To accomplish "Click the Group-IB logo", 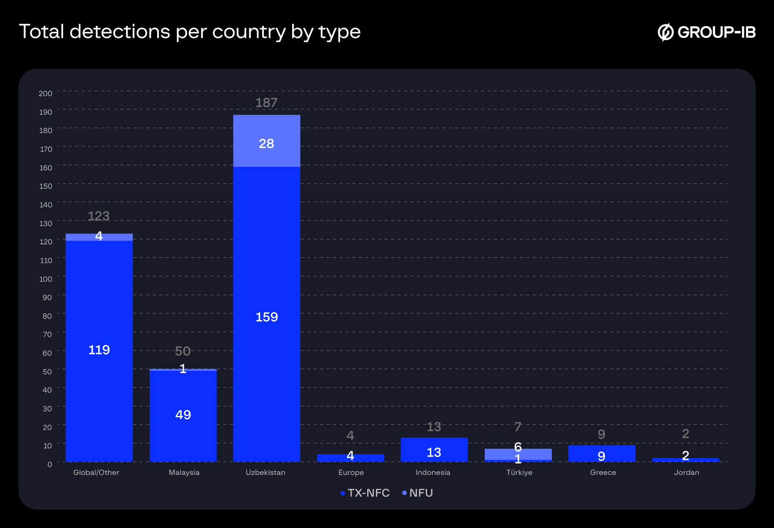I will [x=707, y=32].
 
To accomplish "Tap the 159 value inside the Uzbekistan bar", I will [x=266, y=317].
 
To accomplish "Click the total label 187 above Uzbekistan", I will [x=266, y=102].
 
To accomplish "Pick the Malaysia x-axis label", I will [x=184, y=473].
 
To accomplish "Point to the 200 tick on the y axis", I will [x=46, y=94].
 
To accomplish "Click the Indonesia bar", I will [x=434, y=450].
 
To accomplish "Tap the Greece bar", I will [x=601, y=453].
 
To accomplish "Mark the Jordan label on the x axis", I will [x=686, y=473].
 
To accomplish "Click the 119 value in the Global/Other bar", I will [x=99, y=350].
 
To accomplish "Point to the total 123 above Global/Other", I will [x=99, y=216].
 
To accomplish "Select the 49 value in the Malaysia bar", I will [x=183, y=415].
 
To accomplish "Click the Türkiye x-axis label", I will [x=519, y=473].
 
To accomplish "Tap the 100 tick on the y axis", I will [x=46, y=279].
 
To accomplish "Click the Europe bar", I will [x=350, y=458].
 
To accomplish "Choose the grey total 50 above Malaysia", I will [x=182, y=351].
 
